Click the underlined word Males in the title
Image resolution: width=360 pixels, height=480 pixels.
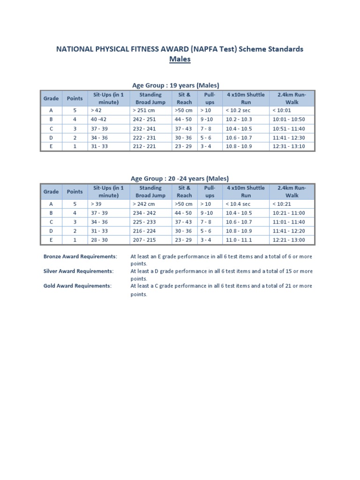[x=180, y=60]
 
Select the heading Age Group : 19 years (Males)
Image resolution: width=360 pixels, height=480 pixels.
[x=176, y=85]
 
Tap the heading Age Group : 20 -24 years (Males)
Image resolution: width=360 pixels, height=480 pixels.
[x=180, y=178]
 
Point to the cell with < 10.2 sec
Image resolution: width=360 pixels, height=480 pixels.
[x=238, y=110]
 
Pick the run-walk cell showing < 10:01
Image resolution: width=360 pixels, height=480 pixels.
[x=282, y=110]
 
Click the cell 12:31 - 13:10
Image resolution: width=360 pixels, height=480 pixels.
[x=288, y=146]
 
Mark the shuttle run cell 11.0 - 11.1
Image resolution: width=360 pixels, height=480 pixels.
[x=239, y=240]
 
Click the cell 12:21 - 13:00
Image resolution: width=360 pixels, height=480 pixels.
[x=288, y=240]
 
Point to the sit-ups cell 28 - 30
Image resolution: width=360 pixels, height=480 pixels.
[x=99, y=240]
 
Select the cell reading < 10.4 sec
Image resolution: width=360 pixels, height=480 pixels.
[x=238, y=204]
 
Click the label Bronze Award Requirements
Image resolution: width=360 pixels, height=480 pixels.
[x=80, y=257]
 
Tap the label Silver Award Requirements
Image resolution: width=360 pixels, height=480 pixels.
[x=78, y=271]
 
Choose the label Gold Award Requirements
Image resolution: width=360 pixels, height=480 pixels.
[x=77, y=286]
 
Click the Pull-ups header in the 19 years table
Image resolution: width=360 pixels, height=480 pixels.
[x=210, y=98]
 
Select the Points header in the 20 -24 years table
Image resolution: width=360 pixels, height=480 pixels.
[x=75, y=192]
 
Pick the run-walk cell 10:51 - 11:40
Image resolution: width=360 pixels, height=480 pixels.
[x=288, y=128]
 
